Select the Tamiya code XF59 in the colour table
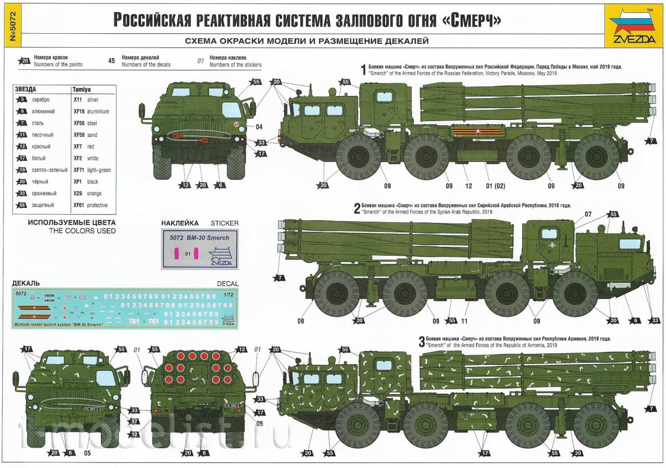(79, 135)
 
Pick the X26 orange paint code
(78, 194)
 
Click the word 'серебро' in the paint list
(42, 99)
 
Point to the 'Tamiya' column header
(82, 89)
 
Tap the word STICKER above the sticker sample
(225, 223)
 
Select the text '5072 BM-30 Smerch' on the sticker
(200, 238)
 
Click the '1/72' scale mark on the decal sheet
(227, 294)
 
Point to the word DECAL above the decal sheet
(228, 284)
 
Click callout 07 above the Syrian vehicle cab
(588, 213)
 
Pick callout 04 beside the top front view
(259, 126)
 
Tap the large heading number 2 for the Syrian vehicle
(357, 209)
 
